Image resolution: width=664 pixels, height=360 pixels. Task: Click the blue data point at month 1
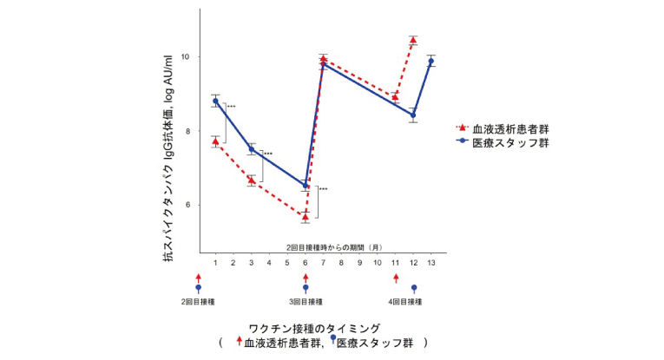point(215,101)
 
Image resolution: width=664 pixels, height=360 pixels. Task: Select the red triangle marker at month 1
point(215,141)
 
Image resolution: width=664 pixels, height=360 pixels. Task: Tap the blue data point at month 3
point(252,149)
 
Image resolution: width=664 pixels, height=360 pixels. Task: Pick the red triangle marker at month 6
point(306,216)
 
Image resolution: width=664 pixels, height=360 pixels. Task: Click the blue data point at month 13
point(431,62)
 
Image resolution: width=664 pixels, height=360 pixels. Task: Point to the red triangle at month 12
point(413,40)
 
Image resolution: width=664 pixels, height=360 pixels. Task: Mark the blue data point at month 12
point(413,115)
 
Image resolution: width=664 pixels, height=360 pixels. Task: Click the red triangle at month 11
point(395,97)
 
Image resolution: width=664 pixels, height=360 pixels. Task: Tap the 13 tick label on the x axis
point(431,263)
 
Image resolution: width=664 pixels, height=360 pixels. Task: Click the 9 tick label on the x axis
point(359,263)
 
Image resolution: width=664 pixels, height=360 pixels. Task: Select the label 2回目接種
point(198,302)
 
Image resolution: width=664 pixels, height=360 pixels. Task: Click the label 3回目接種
point(306,302)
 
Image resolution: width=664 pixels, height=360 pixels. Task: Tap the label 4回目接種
point(404,302)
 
